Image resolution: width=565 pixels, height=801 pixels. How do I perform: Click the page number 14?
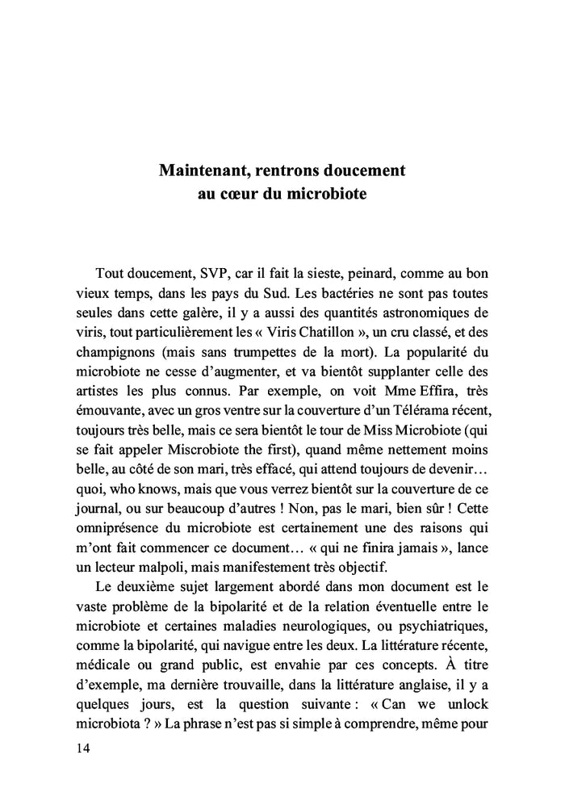[83, 749]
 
